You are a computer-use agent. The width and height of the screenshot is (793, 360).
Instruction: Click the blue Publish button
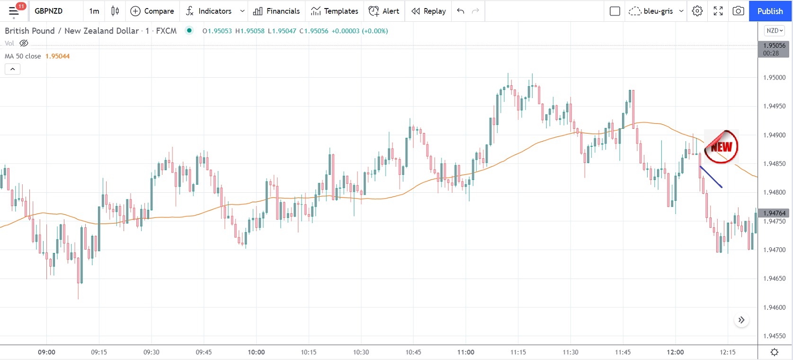point(770,11)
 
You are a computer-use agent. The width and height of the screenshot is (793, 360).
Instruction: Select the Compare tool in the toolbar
point(152,11)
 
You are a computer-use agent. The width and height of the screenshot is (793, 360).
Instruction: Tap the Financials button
point(276,11)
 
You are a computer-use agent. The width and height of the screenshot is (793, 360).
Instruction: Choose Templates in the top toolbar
point(334,11)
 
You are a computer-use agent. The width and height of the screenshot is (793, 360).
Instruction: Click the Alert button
point(384,11)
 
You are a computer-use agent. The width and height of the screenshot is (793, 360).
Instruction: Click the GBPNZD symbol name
point(49,11)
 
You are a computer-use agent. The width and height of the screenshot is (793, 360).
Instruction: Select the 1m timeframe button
point(94,11)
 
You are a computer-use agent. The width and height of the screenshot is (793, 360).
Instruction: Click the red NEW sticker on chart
point(721,147)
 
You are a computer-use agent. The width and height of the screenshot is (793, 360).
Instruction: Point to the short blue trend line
point(711,177)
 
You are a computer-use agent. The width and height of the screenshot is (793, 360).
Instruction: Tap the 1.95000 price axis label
point(774,78)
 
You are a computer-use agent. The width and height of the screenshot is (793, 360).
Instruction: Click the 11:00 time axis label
point(466,352)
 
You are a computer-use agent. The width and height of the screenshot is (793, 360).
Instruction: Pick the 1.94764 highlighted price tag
point(774,213)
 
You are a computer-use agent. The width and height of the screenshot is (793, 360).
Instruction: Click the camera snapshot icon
point(738,11)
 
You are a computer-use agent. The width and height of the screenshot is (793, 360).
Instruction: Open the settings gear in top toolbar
point(697,11)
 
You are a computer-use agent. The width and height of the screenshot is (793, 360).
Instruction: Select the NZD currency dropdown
point(775,31)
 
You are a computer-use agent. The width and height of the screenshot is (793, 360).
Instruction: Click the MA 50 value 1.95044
point(57,56)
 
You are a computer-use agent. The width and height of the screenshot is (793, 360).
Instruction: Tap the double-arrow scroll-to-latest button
point(741,320)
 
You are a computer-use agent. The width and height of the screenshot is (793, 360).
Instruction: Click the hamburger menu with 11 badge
point(14,11)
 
